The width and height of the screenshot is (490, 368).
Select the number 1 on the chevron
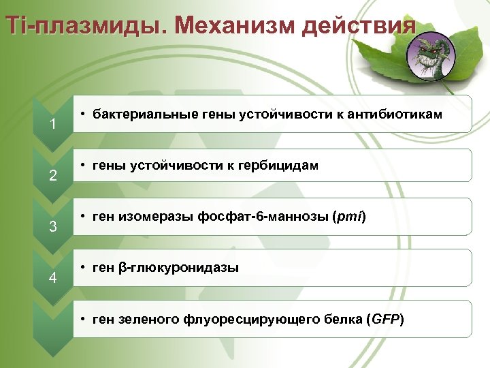(52, 124)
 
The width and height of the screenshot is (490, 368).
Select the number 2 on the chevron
(52, 176)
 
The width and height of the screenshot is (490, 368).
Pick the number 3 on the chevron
(52, 226)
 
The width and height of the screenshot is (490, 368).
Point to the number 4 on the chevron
(52, 277)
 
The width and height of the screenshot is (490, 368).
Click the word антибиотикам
(394, 114)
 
